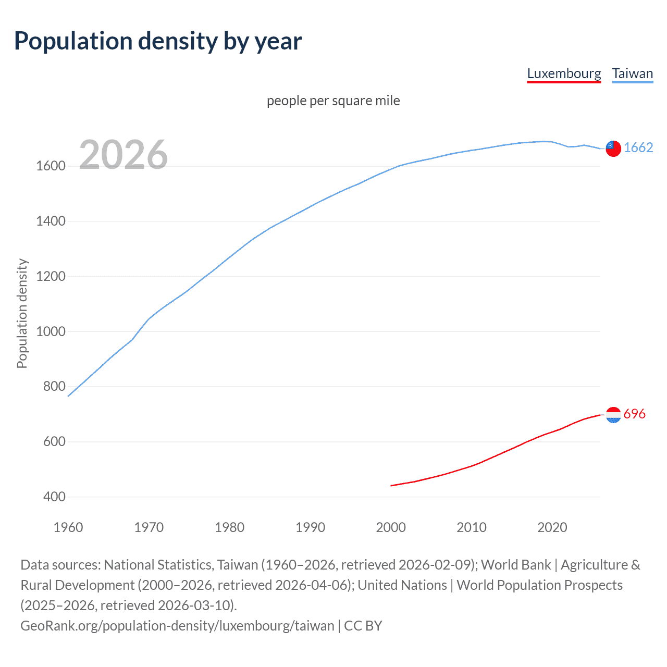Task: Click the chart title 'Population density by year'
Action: click(158, 41)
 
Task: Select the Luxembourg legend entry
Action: click(564, 73)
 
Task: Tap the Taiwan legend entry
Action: click(632, 73)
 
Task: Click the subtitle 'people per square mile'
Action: click(333, 101)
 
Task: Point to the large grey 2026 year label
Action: click(123, 155)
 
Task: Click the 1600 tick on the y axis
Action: click(51, 166)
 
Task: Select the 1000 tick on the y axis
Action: click(51, 331)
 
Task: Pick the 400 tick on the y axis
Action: click(54, 497)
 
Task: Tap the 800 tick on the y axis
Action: click(54, 387)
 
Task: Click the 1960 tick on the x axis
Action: click(68, 527)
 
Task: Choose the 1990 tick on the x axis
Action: click(310, 527)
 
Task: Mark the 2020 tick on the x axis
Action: click(552, 527)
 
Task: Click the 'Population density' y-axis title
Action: click(22, 314)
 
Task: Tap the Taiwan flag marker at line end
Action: click(613, 149)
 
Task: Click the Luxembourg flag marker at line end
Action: click(613, 415)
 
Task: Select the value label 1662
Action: click(638, 147)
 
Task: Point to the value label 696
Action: click(634, 414)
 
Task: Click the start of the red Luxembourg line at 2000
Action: click(391, 486)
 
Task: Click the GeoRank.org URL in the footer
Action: click(177, 625)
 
